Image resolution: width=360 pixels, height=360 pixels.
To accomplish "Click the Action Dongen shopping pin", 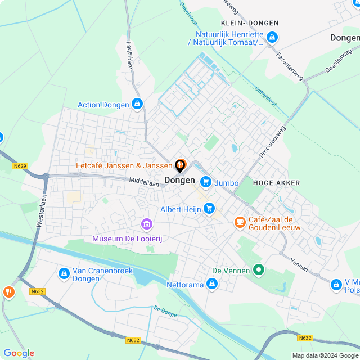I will (x=137, y=104).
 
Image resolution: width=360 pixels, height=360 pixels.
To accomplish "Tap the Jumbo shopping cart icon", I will (x=206, y=182).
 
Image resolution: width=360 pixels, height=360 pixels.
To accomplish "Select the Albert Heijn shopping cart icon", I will (x=209, y=209).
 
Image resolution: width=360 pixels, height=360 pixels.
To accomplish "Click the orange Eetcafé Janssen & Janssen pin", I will (x=180, y=165).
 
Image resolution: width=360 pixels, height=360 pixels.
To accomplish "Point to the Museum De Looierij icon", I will (x=147, y=225).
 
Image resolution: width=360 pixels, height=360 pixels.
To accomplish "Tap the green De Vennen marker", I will (x=259, y=271).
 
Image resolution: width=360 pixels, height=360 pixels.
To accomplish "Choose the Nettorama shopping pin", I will (x=212, y=285).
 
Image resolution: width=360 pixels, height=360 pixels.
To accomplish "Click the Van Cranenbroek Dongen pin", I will (x=64, y=274).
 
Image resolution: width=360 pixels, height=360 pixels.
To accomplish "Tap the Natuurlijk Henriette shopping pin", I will (x=272, y=38).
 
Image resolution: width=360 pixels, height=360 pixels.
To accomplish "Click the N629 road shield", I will (x=20, y=166).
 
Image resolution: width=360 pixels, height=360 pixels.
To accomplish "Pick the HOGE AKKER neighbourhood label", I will (x=276, y=183).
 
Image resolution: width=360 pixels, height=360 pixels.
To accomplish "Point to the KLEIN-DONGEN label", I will (x=250, y=23).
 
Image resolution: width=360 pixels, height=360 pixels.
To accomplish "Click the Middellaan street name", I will (x=145, y=182).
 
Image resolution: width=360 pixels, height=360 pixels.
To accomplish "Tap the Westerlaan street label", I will (x=40, y=211).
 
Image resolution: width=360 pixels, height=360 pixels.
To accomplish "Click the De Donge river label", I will (x=165, y=310).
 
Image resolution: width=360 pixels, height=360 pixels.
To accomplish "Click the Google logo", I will (x=19, y=353).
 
